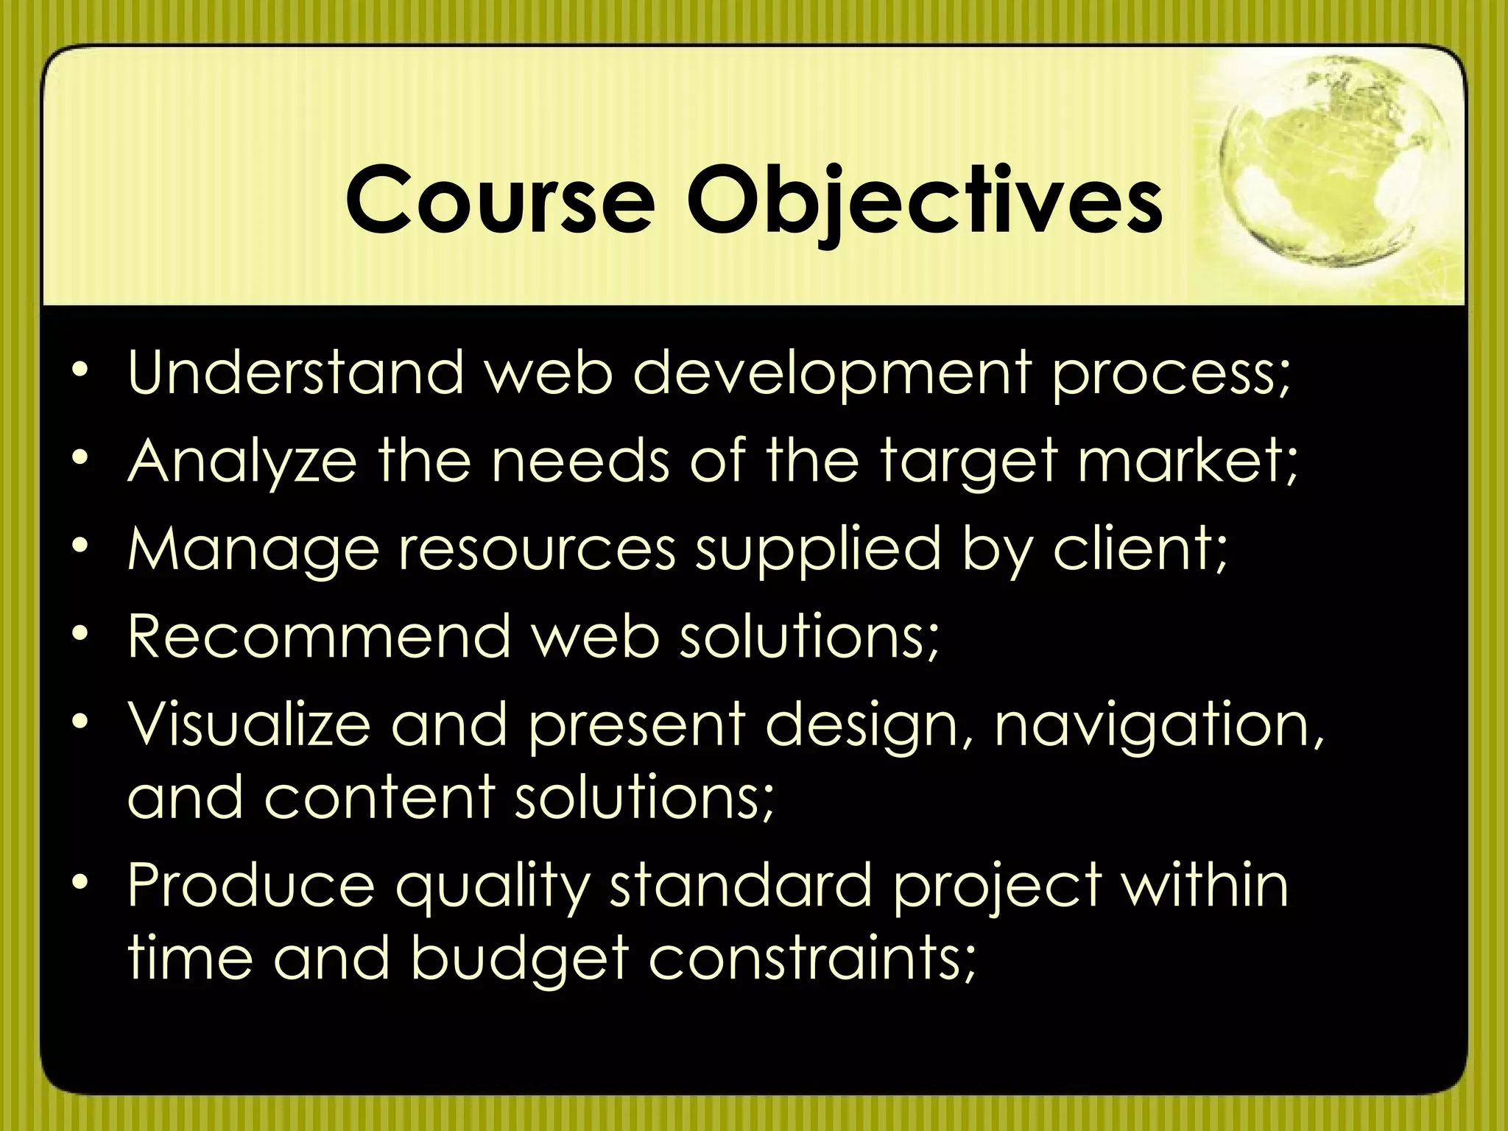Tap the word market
(x=1187, y=461)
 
